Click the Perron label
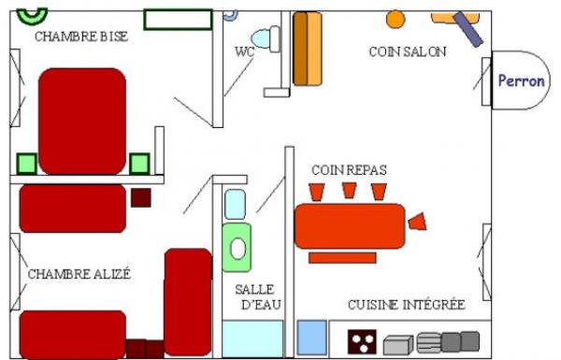tap(522, 80)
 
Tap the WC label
tap(245, 51)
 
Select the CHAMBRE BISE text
tap(81, 36)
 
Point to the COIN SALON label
tap(408, 51)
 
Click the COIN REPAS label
tap(349, 169)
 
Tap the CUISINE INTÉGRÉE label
tap(407, 305)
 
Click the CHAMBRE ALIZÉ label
tap(79, 274)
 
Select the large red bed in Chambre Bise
tap(82, 122)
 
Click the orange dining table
tap(350, 226)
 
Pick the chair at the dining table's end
tap(418, 222)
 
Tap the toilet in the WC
tap(266, 38)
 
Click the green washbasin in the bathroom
tap(237, 248)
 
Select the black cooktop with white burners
tap(362, 341)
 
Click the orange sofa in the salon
tap(308, 49)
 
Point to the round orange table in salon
tap(396, 19)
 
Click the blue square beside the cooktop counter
tap(312, 338)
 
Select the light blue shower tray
tap(252, 338)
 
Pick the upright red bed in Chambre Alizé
tap(188, 302)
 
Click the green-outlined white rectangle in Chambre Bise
tap(179, 20)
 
